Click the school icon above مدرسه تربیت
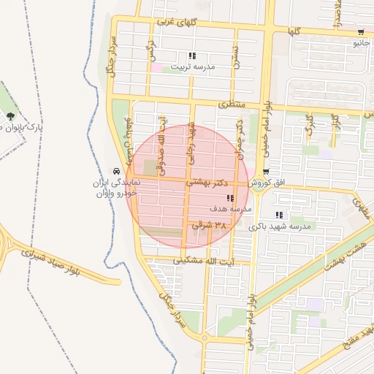pos(192,56)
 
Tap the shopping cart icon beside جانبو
pos(361,32)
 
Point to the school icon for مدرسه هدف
pos(230,198)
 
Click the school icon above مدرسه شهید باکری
pos(279,215)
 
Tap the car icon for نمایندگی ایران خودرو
pos(116,169)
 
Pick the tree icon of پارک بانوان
pos(10,116)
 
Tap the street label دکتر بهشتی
pos(209,181)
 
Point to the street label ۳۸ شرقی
pos(210,226)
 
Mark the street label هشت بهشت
pos(348,251)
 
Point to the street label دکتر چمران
pos(239,143)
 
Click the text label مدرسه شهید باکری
pos(280,227)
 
